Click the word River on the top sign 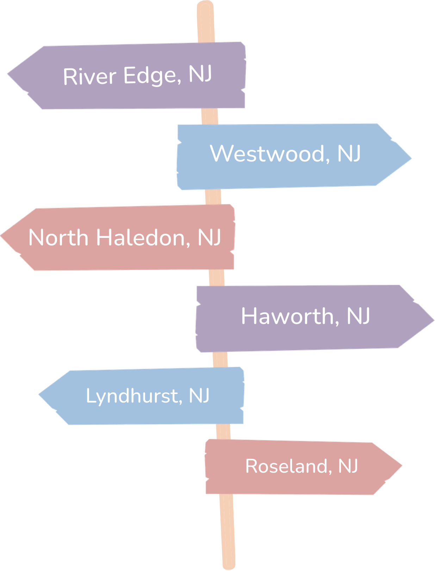(x=89, y=76)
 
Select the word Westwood (x=270, y=154)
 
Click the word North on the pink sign (x=58, y=238)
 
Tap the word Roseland (x=288, y=466)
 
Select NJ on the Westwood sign (x=349, y=154)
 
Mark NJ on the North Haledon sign (x=209, y=237)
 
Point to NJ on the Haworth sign (x=358, y=316)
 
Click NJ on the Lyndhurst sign (x=199, y=395)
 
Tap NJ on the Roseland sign (x=348, y=466)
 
